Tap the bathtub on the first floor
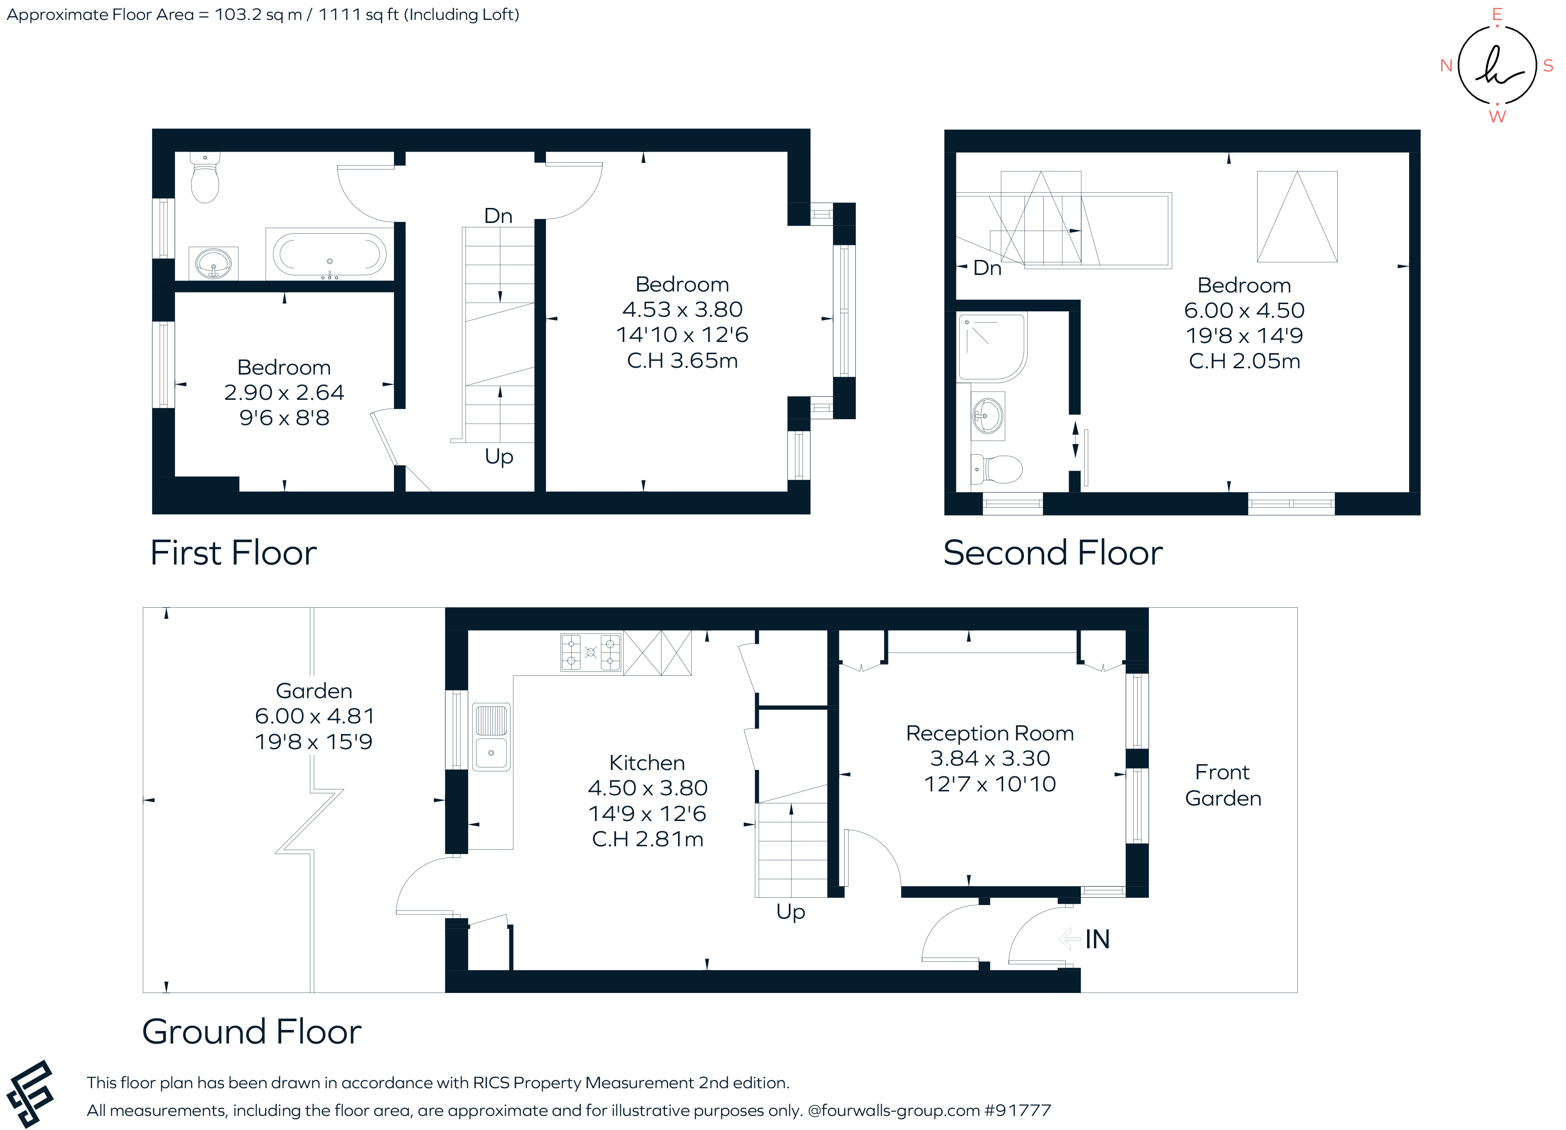pos(329,254)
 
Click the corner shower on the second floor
pos(991,347)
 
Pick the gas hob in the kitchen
pos(591,653)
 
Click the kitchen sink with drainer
pos(491,737)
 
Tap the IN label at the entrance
pos(1097,940)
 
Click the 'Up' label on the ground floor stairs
pos(791,912)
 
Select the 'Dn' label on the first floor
pos(498,216)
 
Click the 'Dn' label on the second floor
pos(987,268)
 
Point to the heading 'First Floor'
pos(233,553)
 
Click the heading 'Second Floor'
pos(1053,553)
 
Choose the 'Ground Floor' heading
pos(252,1032)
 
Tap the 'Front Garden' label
pos(1223,786)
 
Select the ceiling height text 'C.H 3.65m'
pos(682,360)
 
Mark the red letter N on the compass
pos(1447,66)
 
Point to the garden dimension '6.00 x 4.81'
pos(314,716)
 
